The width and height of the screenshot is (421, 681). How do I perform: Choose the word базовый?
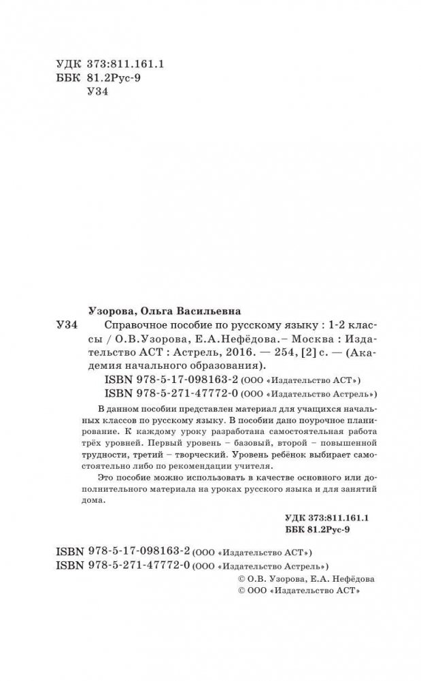(x=220, y=448)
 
